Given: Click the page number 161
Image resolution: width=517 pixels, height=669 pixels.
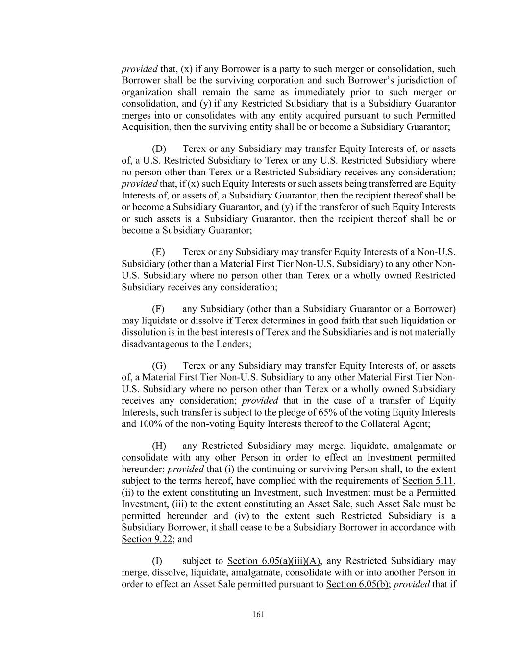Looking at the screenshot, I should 259,614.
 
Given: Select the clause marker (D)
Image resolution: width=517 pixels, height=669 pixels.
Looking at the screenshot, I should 159,149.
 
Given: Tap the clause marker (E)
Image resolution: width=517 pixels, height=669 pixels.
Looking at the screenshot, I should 159,252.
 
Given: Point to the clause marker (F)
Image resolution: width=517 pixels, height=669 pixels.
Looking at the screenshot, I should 159,309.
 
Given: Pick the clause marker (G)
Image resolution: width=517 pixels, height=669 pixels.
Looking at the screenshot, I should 159,366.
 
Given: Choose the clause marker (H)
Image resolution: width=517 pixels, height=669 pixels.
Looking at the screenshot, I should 159,446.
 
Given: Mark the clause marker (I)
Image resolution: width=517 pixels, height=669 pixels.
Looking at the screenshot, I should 158,561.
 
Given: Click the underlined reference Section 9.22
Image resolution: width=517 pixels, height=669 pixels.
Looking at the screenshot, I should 146,539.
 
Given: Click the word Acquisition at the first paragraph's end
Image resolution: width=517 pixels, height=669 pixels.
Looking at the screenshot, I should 145,127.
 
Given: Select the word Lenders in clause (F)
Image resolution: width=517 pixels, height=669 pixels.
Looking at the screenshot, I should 234,344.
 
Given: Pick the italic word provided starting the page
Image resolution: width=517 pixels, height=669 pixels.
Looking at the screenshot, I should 139,69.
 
